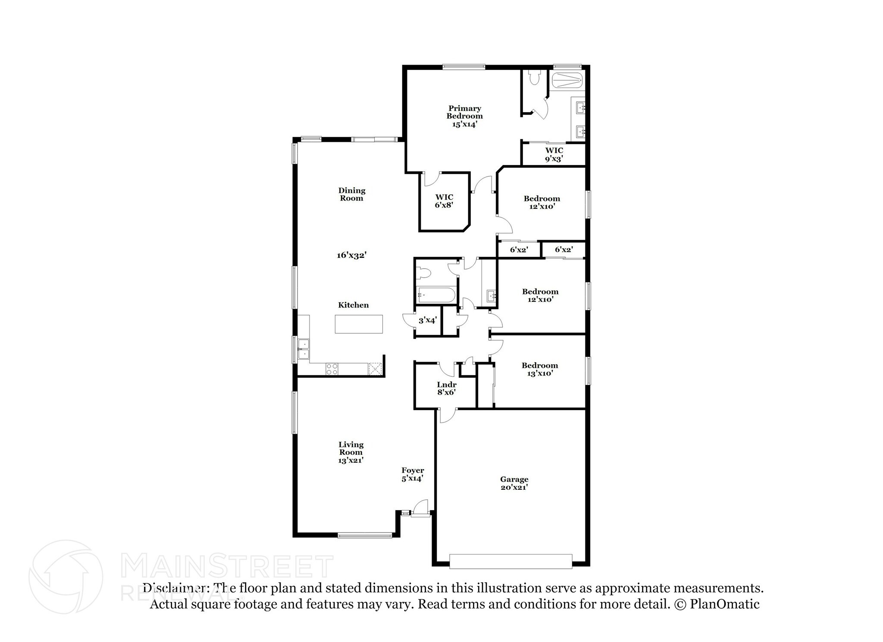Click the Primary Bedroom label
click(x=464, y=116)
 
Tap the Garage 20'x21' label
click(x=514, y=483)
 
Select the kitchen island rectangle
click(x=359, y=324)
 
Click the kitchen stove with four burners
click(x=332, y=369)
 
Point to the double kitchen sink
click(x=304, y=349)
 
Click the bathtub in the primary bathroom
click(x=567, y=81)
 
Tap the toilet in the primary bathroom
click(x=534, y=78)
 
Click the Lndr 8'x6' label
click(x=446, y=388)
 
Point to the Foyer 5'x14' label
click(x=413, y=474)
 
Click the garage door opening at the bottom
click(x=510, y=560)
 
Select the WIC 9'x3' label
click(x=554, y=154)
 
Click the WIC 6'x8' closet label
click(x=444, y=201)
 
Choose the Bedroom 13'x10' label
click(x=540, y=369)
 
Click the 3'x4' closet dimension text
click(x=428, y=320)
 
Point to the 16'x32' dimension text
click(x=351, y=255)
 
